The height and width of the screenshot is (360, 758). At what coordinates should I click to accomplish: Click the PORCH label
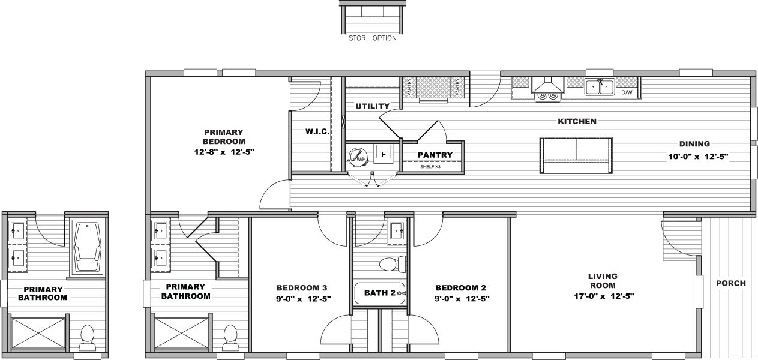tap(731, 283)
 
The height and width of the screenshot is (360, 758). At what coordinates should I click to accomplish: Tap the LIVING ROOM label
tap(603, 277)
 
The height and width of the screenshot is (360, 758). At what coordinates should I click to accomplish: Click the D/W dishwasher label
tap(627, 93)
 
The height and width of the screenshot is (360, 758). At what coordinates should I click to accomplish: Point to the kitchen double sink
tap(600, 87)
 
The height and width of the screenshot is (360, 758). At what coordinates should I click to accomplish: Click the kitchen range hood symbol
tap(547, 89)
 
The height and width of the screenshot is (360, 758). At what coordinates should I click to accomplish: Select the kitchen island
tap(576, 155)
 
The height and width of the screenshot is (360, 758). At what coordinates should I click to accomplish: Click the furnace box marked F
tap(384, 154)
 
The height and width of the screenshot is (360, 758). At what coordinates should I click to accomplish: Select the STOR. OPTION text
tap(372, 38)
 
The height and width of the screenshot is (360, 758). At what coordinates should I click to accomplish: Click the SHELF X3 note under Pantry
tap(431, 167)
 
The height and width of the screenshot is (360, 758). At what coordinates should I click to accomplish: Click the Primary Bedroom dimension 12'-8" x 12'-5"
tap(223, 152)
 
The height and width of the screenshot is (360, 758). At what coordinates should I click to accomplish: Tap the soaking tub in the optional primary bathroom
tap(88, 247)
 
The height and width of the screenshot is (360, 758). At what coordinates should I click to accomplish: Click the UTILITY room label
tap(373, 106)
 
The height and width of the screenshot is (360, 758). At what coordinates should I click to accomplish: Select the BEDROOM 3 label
tap(302, 287)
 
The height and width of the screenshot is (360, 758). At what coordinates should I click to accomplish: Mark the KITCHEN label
tap(577, 122)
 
